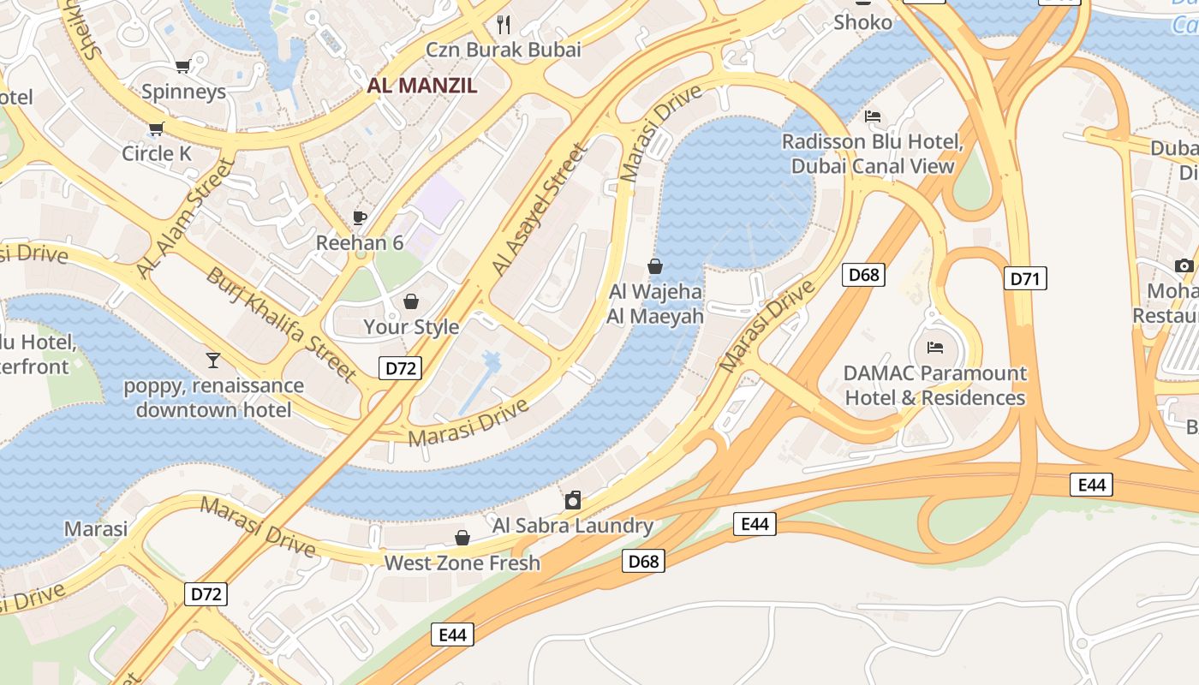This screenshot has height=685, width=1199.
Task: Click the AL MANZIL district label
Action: click(422, 86)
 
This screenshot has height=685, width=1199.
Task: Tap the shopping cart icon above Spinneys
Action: click(182, 66)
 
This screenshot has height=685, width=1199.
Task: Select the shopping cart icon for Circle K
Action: click(156, 128)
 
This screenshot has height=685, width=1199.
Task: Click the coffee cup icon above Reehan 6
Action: click(360, 217)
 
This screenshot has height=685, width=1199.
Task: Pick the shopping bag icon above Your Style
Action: click(411, 301)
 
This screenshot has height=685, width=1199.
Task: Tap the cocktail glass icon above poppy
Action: click(213, 360)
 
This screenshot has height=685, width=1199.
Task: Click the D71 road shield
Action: click(1025, 278)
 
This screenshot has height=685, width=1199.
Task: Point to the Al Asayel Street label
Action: click(540, 210)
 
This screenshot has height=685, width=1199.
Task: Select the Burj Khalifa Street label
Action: click(282, 324)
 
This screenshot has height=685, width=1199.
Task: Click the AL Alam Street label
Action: click(184, 217)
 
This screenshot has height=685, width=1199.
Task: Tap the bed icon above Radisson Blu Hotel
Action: click(873, 116)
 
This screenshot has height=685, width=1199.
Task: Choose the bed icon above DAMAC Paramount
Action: click(935, 348)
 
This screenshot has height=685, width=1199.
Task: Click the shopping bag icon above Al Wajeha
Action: click(655, 266)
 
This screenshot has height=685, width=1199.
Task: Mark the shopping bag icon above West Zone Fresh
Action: click(462, 538)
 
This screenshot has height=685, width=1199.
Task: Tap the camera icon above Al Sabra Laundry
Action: click(573, 500)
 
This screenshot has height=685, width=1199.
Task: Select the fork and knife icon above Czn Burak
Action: click(504, 24)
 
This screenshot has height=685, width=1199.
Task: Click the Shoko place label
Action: click(862, 22)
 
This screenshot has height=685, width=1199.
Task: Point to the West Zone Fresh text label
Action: click(462, 563)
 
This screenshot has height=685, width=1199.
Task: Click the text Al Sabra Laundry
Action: click(573, 525)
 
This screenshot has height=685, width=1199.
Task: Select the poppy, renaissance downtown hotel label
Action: click(213, 397)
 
